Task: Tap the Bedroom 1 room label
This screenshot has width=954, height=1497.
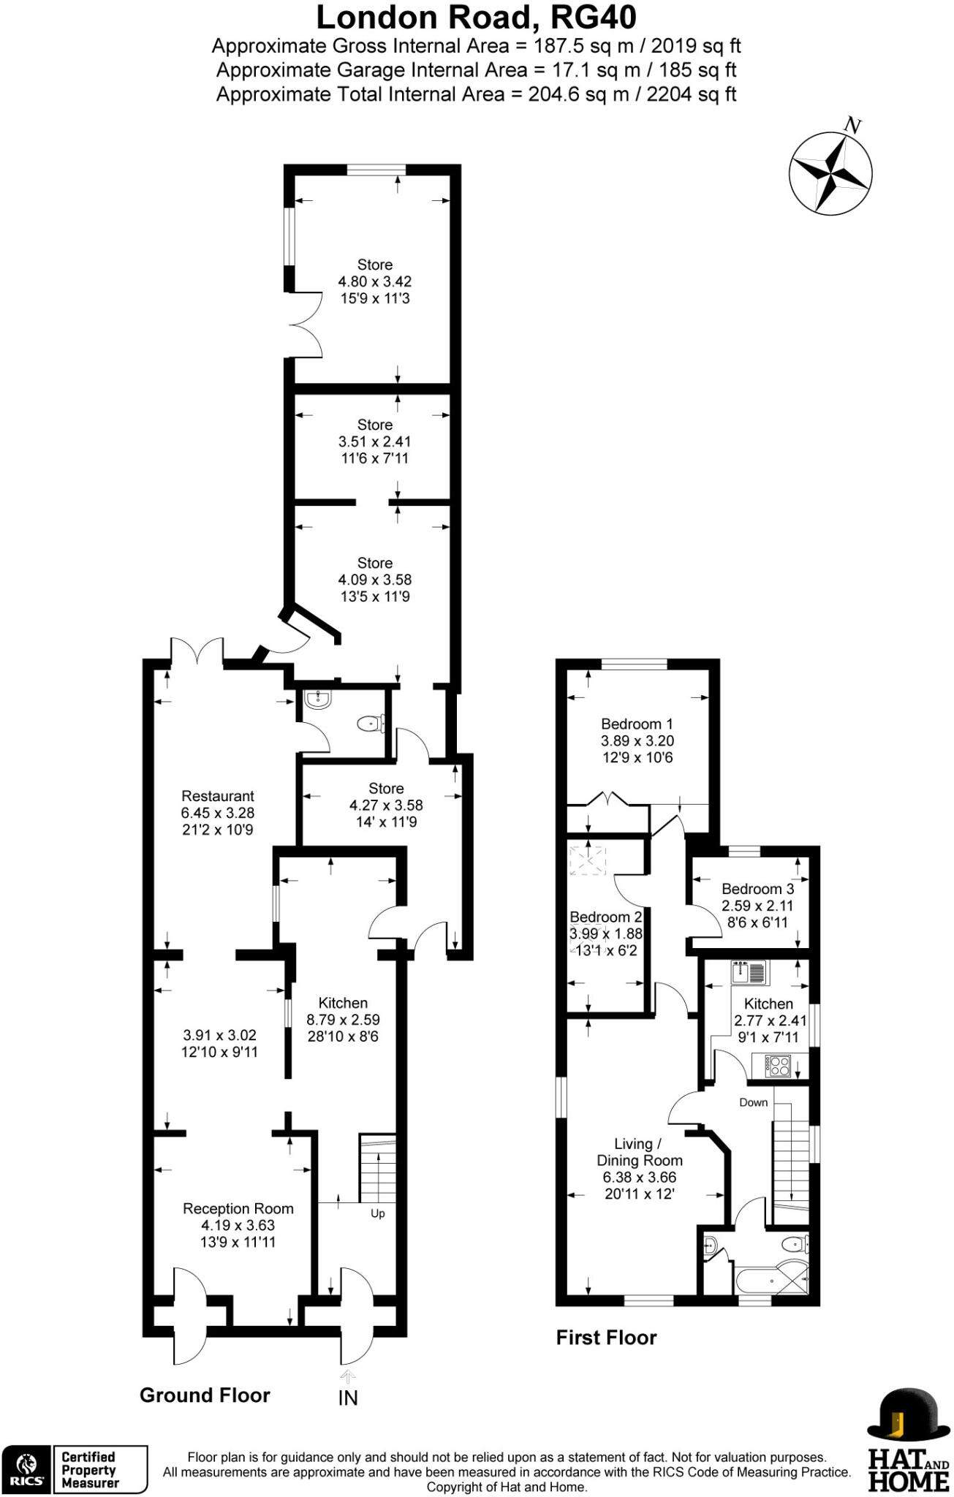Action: click(x=637, y=724)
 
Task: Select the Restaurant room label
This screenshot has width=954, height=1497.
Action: click(x=218, y=796)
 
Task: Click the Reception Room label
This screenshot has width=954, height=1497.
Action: click(x=238, y=1208)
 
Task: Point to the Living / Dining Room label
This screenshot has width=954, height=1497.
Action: click(x=639, y=1152)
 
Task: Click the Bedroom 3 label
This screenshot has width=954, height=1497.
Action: click(x=757, y=889)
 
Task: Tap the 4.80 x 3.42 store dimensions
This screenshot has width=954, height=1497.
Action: click(x=374, y=281)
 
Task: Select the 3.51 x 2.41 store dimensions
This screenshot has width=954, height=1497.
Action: click(x=374, y=441)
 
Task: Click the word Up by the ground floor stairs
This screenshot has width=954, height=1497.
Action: click(x=377, y=1213)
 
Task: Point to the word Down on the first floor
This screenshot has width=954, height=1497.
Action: click(x=753, y=1102)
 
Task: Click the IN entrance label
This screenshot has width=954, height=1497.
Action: click(x=348, y=1398)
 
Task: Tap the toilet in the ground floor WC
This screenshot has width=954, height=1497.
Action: click(x=371, y=724)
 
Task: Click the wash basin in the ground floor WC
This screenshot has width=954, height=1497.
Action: click(x=318, y=700)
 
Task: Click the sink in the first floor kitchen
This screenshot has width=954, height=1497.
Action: click(x=749, y=973)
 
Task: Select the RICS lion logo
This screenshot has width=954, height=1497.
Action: click(x=26, y=1469)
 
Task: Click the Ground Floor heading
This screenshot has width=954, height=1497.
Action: click(x=205, y=1395)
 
